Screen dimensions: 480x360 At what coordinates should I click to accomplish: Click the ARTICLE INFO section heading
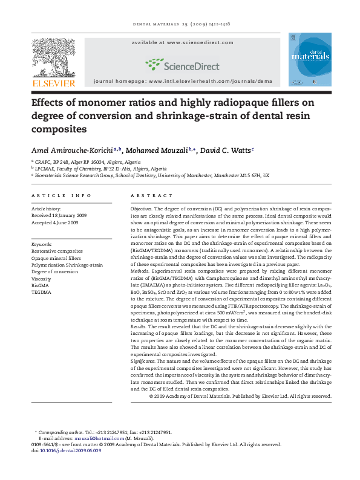61,196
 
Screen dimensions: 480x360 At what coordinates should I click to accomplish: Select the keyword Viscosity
42,279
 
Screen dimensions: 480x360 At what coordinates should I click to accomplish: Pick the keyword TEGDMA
41,292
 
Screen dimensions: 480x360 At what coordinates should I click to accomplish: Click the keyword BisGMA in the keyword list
41,285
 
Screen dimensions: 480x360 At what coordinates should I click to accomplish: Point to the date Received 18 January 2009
59,215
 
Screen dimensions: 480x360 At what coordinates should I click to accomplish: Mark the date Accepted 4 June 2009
55,222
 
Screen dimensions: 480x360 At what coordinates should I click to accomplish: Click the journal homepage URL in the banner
182,80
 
